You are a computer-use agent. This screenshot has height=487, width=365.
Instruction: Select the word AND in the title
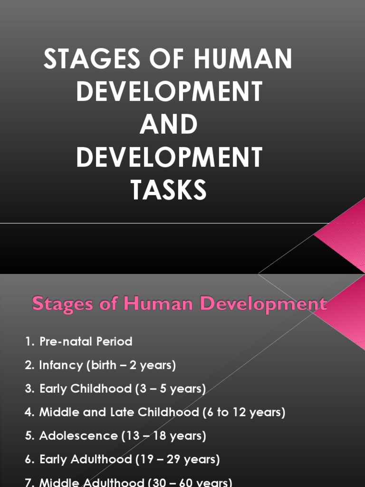click(x=169, y=125)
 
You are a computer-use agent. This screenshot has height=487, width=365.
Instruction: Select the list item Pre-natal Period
click(x=86, y=341)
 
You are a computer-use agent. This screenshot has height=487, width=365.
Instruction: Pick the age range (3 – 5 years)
click(x=171, y=389)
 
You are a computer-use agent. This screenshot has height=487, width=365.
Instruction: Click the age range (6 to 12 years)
click(x=244, y=412)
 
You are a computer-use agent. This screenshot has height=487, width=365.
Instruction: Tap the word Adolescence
click(x=78, y=436)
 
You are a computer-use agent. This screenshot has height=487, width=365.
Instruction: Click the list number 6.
click(x=29, y=459)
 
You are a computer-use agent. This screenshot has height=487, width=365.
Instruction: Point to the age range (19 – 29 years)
click(x=177, y=459)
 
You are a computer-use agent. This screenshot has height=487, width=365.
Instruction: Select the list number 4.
click(x=29, y=412)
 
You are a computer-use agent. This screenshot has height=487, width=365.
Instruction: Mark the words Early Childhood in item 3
click(x=85, y=389)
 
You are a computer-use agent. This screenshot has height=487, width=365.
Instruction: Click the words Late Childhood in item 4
click(x=152, y=412)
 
